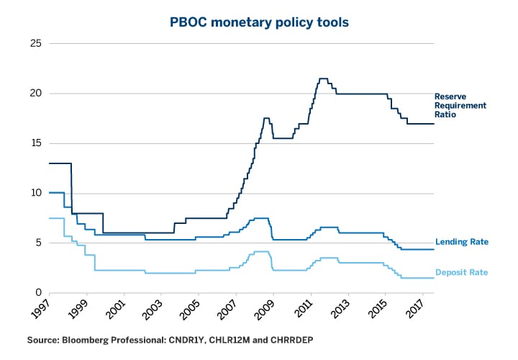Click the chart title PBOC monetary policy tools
click(259, 22)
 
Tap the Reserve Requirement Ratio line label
click(460, 105)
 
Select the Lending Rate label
click(462, 242)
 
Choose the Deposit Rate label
click(462, 272)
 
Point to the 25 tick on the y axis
click(35, 44)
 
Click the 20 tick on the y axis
click(35, 94)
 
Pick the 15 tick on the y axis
click(35, 143)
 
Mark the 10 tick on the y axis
click(35, 193)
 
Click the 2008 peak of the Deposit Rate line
click(261, 251)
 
